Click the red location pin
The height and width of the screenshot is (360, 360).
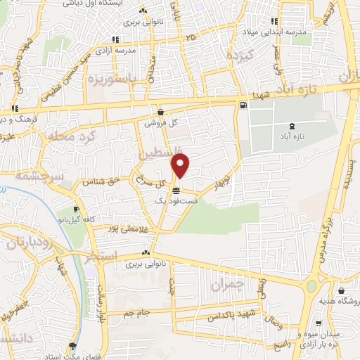point(181,165)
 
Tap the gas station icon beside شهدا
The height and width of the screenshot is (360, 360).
point(243,106)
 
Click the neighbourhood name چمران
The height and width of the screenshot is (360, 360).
point(226,284)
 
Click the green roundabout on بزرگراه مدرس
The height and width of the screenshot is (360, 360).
point(311,286)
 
